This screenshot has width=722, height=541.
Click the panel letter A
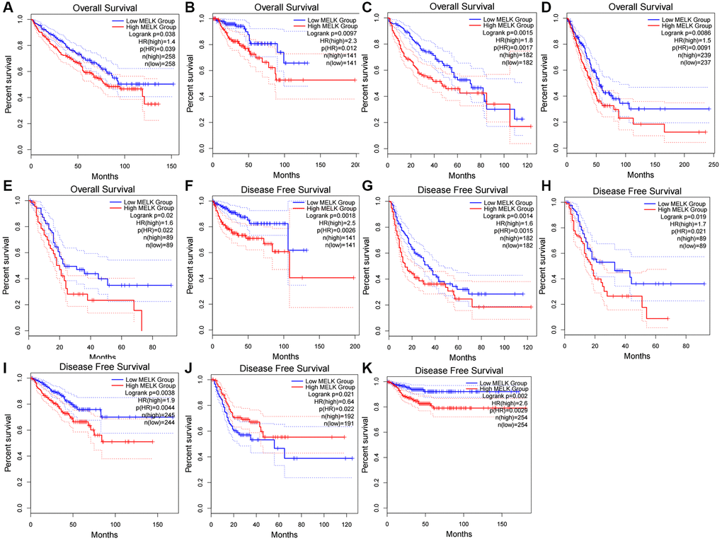point(7,7)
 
